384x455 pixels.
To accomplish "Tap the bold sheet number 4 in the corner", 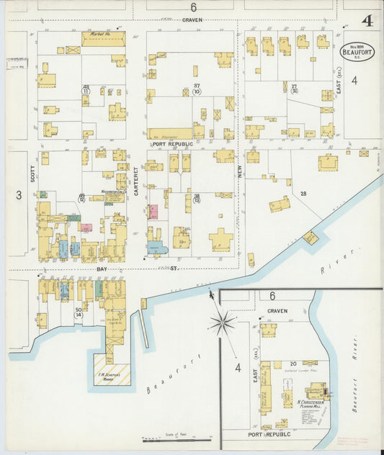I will coord(367,21).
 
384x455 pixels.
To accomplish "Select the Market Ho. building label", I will coord(97,34).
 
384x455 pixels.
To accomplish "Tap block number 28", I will coord(303,194).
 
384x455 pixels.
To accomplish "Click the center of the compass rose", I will coord(222,322).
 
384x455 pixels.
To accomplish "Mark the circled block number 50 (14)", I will coord(79,311).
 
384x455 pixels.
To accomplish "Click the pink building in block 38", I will coord(153,212).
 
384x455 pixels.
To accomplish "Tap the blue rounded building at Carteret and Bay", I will coord(158,248).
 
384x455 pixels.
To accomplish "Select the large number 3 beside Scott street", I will coord(19,194).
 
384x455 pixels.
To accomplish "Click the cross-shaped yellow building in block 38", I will coord(220,238).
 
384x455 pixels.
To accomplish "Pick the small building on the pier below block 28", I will coord(310,238).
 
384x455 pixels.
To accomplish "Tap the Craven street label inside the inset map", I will coord(277,311).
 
